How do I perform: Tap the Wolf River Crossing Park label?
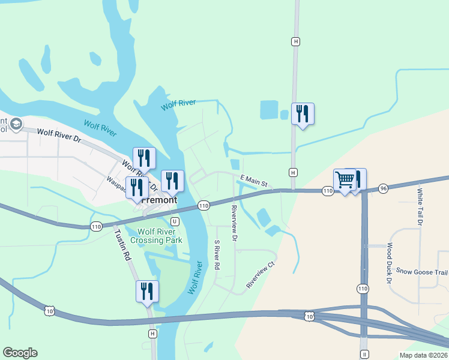tap(157, 236)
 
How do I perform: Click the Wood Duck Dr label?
tap(389, 263)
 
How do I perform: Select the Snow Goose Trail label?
tap(421, 271)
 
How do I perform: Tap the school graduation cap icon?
tap(16, 124)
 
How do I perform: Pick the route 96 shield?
tap(384, 188)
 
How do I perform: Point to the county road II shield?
tap(364, 355)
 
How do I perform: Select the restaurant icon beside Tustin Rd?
tap(147, 292)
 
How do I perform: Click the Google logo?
tap(20, 353)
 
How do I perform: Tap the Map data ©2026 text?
tap(423, 355)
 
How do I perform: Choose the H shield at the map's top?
tap(295, 41)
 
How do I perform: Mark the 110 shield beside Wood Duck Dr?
tap(363, 289)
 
